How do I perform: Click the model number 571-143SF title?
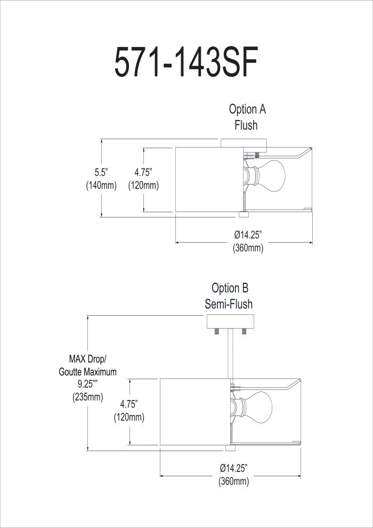(x=186, y=63)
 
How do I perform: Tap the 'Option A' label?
(x=247, y=109)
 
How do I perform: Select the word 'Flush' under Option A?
(x=246, y=125)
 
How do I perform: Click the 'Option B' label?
(x=230, y=288)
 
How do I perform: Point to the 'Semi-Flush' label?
(x=229, y=304)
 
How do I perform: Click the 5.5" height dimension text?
(x=101, y=172)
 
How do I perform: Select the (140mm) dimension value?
(x=101, y=185)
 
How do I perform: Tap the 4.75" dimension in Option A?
(x=143, y=172)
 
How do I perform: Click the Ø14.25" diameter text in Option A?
(x=248, y=235)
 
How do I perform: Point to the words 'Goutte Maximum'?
(x=88, y=371)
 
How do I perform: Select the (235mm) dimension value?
(x=88, y=397)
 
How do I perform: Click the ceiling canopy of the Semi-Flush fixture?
(x=230, y=323)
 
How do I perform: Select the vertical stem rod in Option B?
(x=229, y=355)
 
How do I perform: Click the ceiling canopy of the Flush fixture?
(x=244, y=143)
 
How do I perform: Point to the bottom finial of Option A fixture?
(x=244, y=214)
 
